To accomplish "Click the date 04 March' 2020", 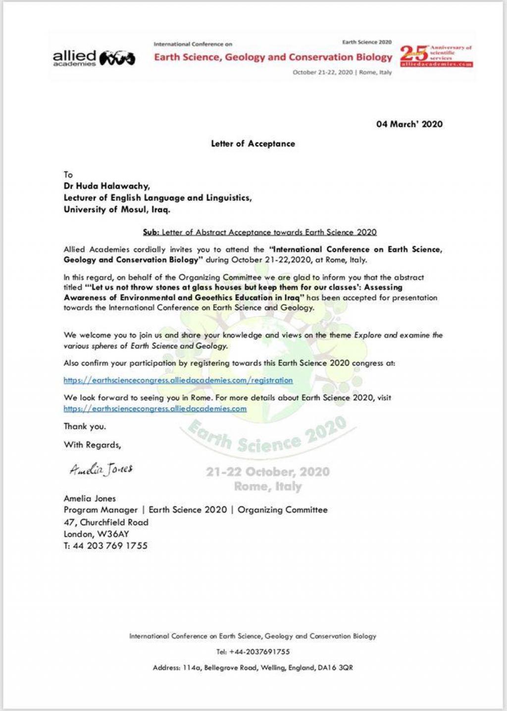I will click(409, 124).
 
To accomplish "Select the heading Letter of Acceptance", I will click(253, 144).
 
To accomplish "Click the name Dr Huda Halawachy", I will click(106, 186).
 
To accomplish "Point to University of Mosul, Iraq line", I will click(117, 209).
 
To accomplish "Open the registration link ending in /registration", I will click(178, 381).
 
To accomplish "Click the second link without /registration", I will click(155, 409).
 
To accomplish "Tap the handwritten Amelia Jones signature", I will click(101, 469).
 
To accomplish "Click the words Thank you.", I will click(85, 426).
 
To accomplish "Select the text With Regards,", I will click(92, 444).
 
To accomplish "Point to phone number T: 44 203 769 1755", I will click(105, 546).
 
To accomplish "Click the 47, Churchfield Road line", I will click(106, 522).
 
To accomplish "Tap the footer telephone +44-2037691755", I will click(253, 652).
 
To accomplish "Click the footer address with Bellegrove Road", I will click(253, 668).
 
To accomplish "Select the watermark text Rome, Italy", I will click(268, 487).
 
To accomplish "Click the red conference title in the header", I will click(273, 57).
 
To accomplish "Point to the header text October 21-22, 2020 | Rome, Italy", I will click(342, 72).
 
